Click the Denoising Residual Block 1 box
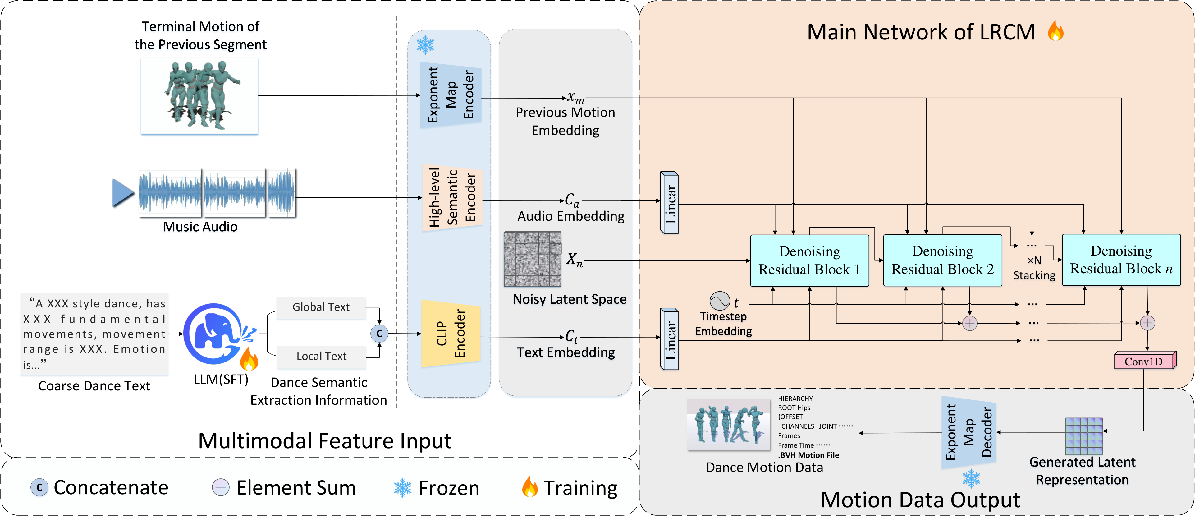(809, 260)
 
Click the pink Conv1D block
(1144, 361)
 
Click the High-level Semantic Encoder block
(452, 197)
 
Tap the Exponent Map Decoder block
(968, 432)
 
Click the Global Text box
(321, 307)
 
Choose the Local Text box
(321, 356)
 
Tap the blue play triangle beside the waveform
(122, 193)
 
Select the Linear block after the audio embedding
(669, 202)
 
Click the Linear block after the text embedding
(669, 339)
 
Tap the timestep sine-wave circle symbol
(720, 301)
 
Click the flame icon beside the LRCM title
(1055, 32)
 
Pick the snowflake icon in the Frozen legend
(402, 488)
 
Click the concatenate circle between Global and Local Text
(379, 333)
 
